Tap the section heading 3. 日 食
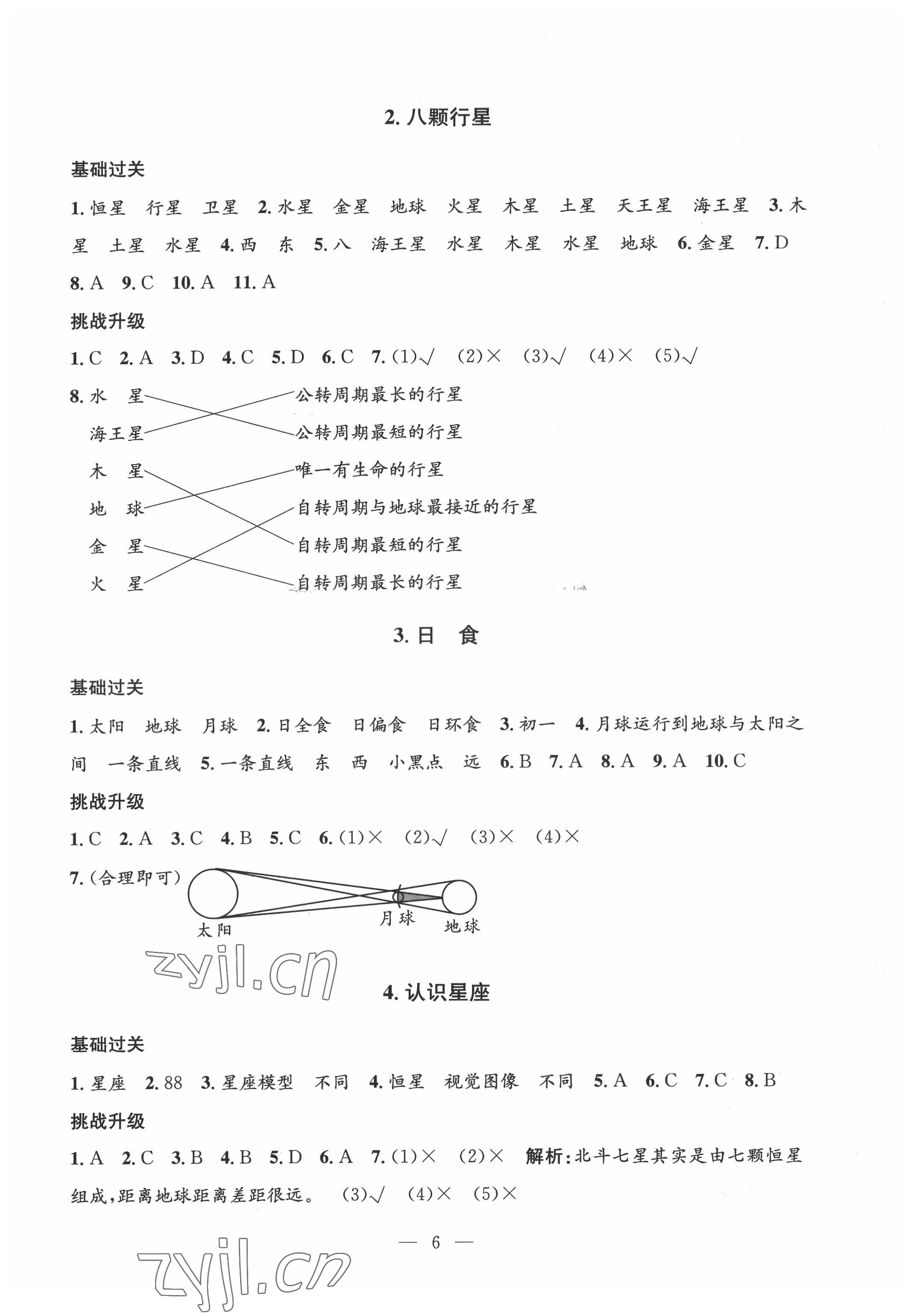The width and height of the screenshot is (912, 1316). pos(436,635)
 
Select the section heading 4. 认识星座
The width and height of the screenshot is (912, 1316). pos(437,993)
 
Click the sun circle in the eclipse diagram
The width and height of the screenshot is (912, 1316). pos(213,894)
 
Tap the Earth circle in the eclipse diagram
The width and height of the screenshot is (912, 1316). pos(459,897)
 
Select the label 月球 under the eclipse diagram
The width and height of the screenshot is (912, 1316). pos(397,918)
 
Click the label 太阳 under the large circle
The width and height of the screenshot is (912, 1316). pos(214,930)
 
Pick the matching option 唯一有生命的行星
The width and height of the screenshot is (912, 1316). pos(369,470)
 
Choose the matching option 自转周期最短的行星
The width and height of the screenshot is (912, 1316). pos(379,545)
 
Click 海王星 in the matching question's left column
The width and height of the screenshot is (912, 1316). pos(117,433)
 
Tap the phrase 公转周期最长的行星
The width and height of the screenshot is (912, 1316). pos(378,395)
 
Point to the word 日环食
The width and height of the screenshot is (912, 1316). pos(454,725)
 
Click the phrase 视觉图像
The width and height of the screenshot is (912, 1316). pos(481,1081)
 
